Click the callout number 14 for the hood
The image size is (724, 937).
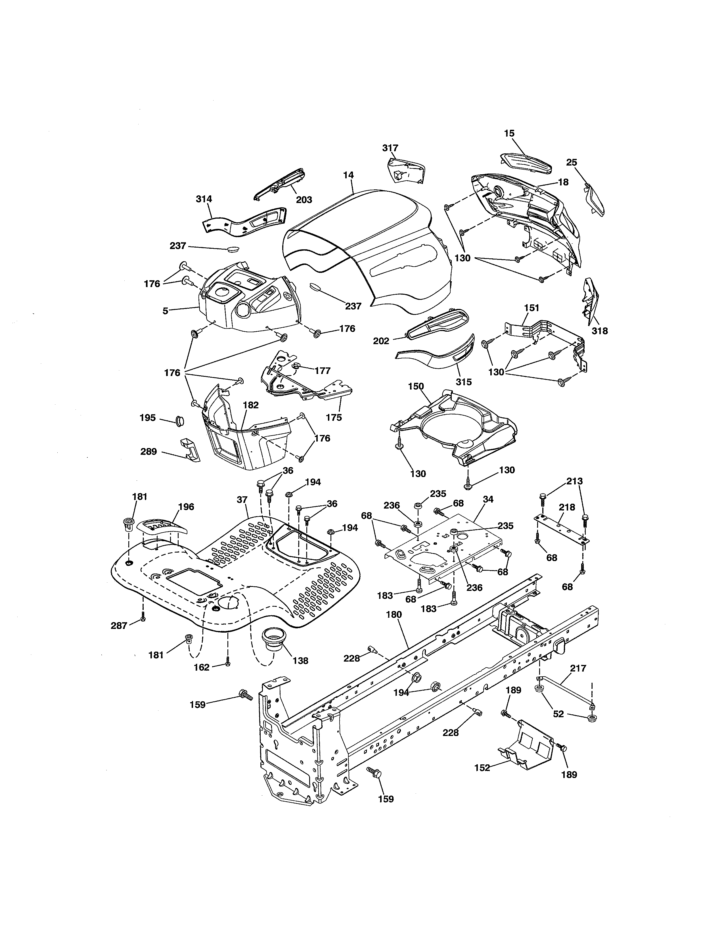[x=348, y=175]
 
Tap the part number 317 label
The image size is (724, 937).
[x=390, y=148]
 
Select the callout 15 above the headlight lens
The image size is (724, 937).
[x=509, y=133]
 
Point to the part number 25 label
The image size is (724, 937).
[x=571, y=163]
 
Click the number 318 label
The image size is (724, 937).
[x=600, y=331]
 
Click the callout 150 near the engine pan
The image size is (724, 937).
[x=416, y=386]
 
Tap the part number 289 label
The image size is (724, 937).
[x=148, y=452]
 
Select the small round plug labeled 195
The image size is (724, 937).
[x=180, y=421]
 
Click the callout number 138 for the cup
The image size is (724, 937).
[x=300, y=661]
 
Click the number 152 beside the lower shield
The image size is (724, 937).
[x=482, y=767]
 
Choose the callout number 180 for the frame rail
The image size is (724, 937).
[x=394, y=614]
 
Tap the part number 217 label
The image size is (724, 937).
[x=578, y=668]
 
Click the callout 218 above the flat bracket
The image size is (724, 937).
[x=567, y=507]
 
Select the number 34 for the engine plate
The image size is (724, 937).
[x=488, y=499]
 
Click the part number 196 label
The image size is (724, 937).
[x=186, y=507]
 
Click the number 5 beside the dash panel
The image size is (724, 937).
[x=165, y=311]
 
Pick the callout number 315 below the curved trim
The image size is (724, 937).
[x=464, y=381]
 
